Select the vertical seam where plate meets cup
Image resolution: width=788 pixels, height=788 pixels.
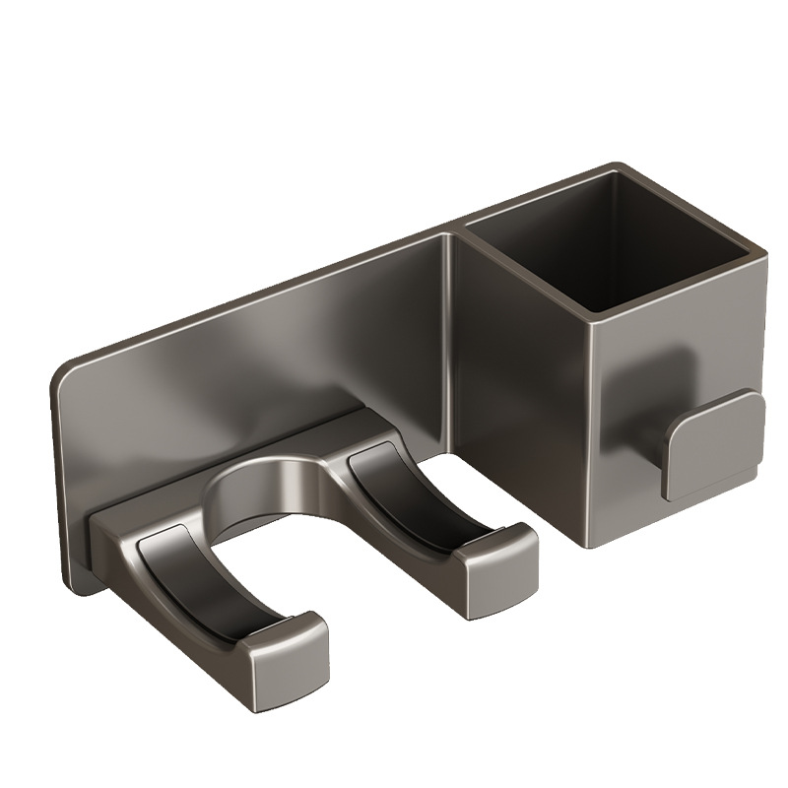coord(455,345)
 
